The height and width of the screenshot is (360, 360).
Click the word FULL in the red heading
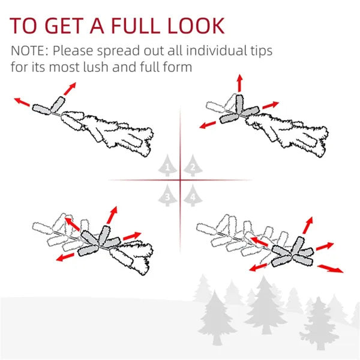136,26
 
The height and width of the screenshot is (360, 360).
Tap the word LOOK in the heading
196,26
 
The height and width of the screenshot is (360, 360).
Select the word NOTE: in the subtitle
29,50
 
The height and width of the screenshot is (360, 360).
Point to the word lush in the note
96,67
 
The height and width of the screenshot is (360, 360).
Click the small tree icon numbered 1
167,166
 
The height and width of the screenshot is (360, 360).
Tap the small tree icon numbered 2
193,166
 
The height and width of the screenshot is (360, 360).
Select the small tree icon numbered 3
167,196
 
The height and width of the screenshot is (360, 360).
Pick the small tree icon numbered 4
193,196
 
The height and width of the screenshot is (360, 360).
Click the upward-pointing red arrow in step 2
239,83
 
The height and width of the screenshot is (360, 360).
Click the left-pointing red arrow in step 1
22,102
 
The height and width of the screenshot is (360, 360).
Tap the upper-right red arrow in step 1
70,89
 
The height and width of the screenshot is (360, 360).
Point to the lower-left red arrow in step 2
208,125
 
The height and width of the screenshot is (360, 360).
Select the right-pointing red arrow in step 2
271,105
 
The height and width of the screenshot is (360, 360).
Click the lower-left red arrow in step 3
65,257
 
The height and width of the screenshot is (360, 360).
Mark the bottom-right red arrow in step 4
330,269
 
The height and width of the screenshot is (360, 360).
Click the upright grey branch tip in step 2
239,104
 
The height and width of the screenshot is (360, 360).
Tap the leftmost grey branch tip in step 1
41,110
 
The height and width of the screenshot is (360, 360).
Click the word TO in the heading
23,26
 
